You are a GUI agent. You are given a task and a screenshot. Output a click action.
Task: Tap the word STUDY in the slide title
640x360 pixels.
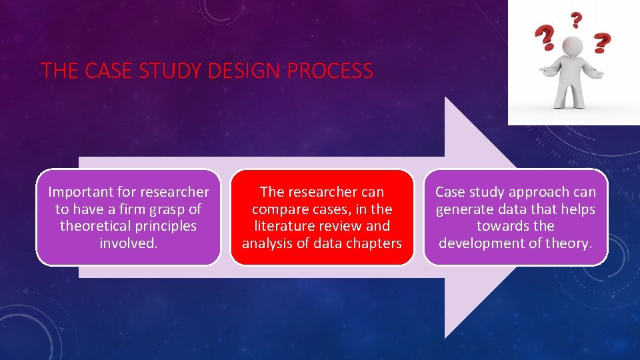click(x=172, y=71)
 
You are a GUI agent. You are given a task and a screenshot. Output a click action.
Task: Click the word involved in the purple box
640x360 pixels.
click(x=128, y=243)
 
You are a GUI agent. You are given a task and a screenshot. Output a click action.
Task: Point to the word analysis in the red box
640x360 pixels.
click(x=268, y=243)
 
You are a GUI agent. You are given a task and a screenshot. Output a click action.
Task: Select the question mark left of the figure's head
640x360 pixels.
click(x=547, y=39)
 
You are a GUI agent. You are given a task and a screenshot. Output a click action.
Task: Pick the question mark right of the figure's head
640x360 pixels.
click(x=602, y=43)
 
